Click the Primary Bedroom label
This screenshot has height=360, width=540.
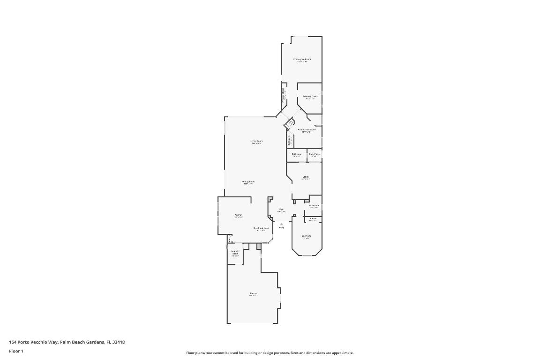pos(302,59)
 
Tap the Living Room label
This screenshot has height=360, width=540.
pos(256,141)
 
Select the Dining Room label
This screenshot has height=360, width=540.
pos(248,181)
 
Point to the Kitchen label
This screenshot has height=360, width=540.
pos(239,215)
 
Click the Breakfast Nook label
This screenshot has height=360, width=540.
pos(261,228)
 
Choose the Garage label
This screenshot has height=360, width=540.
pos(253,293)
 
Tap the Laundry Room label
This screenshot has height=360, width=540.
pos(235,252)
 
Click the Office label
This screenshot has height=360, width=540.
pos(306,177)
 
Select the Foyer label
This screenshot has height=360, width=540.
pos(281,209)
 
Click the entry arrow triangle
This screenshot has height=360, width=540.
pos(281,224)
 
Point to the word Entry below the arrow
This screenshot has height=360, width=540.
pos(281,227)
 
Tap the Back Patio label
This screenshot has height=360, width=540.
pos(314,154)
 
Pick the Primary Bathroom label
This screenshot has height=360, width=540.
pos(307,129)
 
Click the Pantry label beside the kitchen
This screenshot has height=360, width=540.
pos(229,239)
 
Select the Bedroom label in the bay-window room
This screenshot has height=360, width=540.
pos(306,236)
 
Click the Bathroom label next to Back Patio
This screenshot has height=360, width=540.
pos(296,154)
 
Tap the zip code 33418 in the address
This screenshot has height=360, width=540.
pos(119,342)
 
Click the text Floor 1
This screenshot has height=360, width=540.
pos(16,351)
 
